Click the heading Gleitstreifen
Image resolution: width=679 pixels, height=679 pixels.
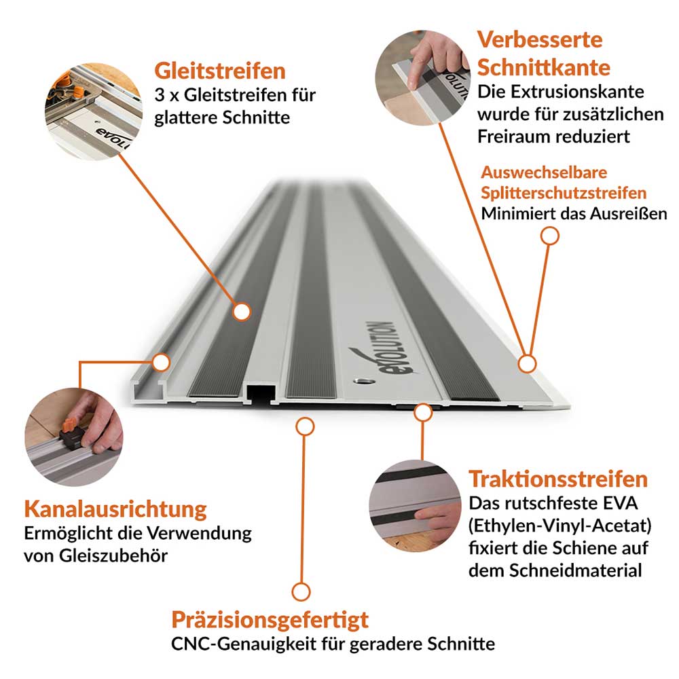(220, 71)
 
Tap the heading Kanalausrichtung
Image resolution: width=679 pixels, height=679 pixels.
(115, 509)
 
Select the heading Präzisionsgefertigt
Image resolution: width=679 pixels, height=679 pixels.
(270, 619)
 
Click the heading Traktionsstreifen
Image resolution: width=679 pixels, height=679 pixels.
(558, 479)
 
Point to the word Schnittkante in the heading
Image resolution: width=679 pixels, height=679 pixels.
(543, 67)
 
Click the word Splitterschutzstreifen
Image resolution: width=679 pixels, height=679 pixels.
(564, 193)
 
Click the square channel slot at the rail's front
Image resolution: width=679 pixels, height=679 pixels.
(259, 392)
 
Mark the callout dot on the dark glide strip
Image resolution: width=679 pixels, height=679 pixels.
(240, 312)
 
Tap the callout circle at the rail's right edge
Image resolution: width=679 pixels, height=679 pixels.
(527, 363)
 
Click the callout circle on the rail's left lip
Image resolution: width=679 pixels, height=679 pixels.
(161, 362)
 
